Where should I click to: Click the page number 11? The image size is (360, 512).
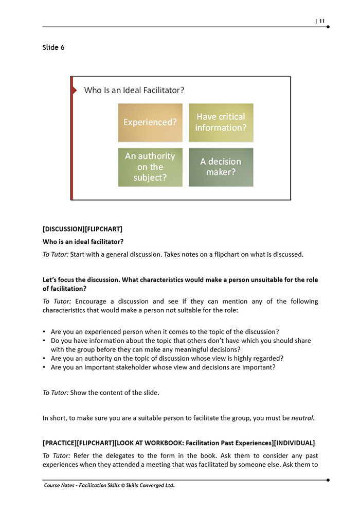[321, 21]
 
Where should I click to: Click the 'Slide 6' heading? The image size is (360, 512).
[53, 48]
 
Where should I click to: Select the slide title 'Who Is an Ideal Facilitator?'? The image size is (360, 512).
[134, 90]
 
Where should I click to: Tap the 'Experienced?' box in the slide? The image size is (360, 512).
[150, 122]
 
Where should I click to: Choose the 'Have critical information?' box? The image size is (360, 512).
[221, 122]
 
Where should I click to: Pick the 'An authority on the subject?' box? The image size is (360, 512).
[150, 167]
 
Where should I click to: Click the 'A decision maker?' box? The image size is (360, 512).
[221, 167]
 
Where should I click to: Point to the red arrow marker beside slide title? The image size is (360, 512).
[75, 90]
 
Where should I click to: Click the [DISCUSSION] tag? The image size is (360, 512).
[64, 229]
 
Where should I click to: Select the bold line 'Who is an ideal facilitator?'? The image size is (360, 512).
[83, 241]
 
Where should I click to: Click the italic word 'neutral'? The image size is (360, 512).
[302, 418]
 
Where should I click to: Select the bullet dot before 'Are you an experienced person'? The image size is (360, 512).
[44, 332]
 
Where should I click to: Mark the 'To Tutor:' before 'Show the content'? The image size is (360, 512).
[56, 393]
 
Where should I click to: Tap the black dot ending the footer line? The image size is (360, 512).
[328, 480]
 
